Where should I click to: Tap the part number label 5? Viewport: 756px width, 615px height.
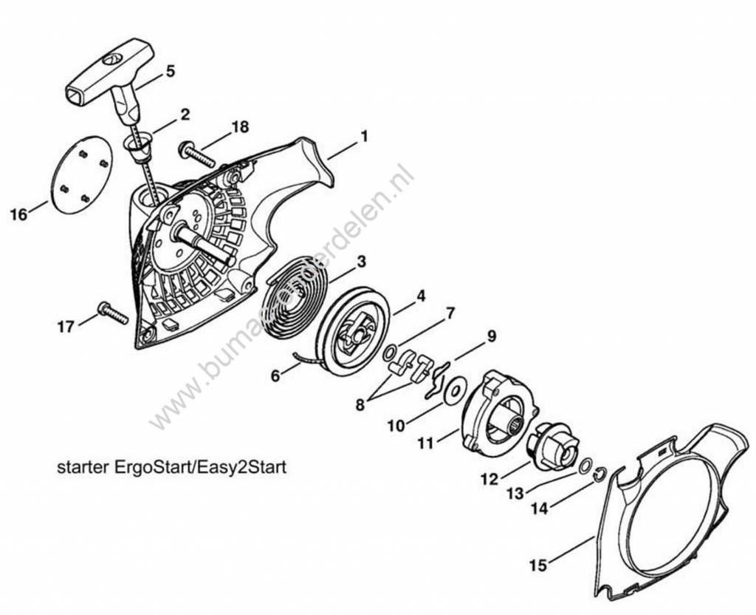point(171,72)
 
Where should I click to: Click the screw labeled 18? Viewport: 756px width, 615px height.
point(196,156)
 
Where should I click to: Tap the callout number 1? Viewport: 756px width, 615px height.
point(363,137)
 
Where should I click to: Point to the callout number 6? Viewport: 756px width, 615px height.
point(275,376)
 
